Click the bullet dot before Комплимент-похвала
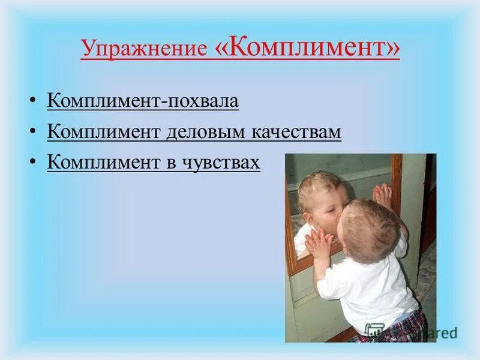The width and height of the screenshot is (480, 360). click(34, 100)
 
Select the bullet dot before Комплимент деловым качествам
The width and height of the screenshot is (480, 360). click(34, 132)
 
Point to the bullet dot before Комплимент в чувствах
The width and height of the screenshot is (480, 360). click(34, 163)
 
